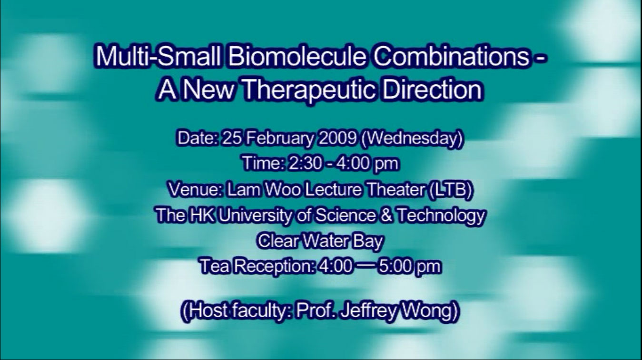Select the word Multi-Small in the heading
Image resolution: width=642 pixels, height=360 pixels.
(x=158, y=56)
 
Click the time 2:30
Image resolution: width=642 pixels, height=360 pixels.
(x=305, y=164)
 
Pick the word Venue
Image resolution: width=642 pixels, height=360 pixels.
(x=195, y=190)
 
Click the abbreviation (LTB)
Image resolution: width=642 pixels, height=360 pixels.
(x=450, y=190)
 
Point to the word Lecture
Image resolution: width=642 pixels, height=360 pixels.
(x=333, y=190)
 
